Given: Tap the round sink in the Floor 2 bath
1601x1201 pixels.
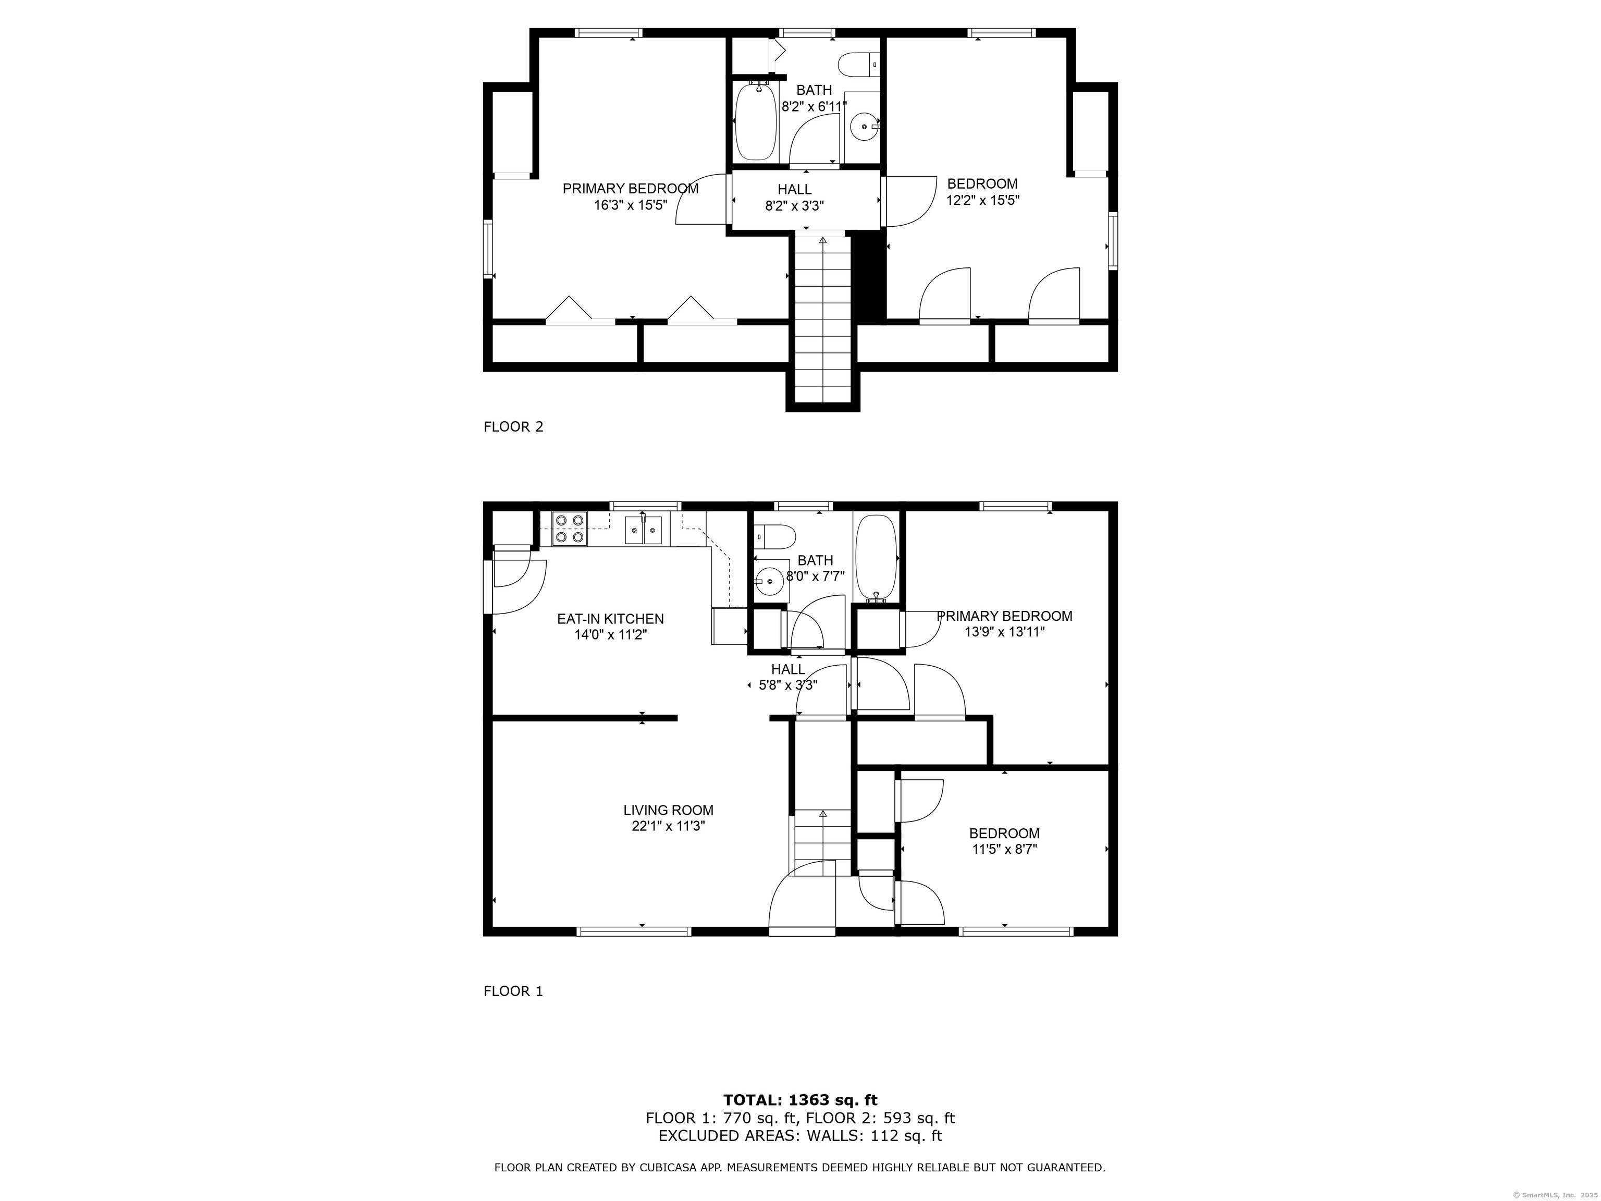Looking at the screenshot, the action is point(864,127).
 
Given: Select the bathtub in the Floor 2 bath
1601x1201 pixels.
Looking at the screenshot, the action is point(756,121).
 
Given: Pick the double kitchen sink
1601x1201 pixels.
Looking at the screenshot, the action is point(644,530).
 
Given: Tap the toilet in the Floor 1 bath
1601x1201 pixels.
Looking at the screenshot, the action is point(774,536).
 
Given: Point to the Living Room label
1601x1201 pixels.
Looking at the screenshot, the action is point(668,811).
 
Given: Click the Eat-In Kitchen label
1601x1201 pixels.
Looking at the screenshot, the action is point(610,619).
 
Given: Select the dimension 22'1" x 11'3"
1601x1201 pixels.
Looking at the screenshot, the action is point(668,827).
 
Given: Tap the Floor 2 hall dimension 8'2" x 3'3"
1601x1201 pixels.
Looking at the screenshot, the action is point(795,205).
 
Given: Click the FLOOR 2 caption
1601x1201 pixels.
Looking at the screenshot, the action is point(513,427).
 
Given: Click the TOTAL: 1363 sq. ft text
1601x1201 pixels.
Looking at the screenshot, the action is point(800,1101).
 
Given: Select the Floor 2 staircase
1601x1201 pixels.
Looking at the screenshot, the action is point(822,318).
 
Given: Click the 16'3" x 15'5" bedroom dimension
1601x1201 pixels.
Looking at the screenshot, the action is point(631,205).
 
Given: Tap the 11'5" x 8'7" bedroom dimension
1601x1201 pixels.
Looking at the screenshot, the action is point(1005,849).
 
